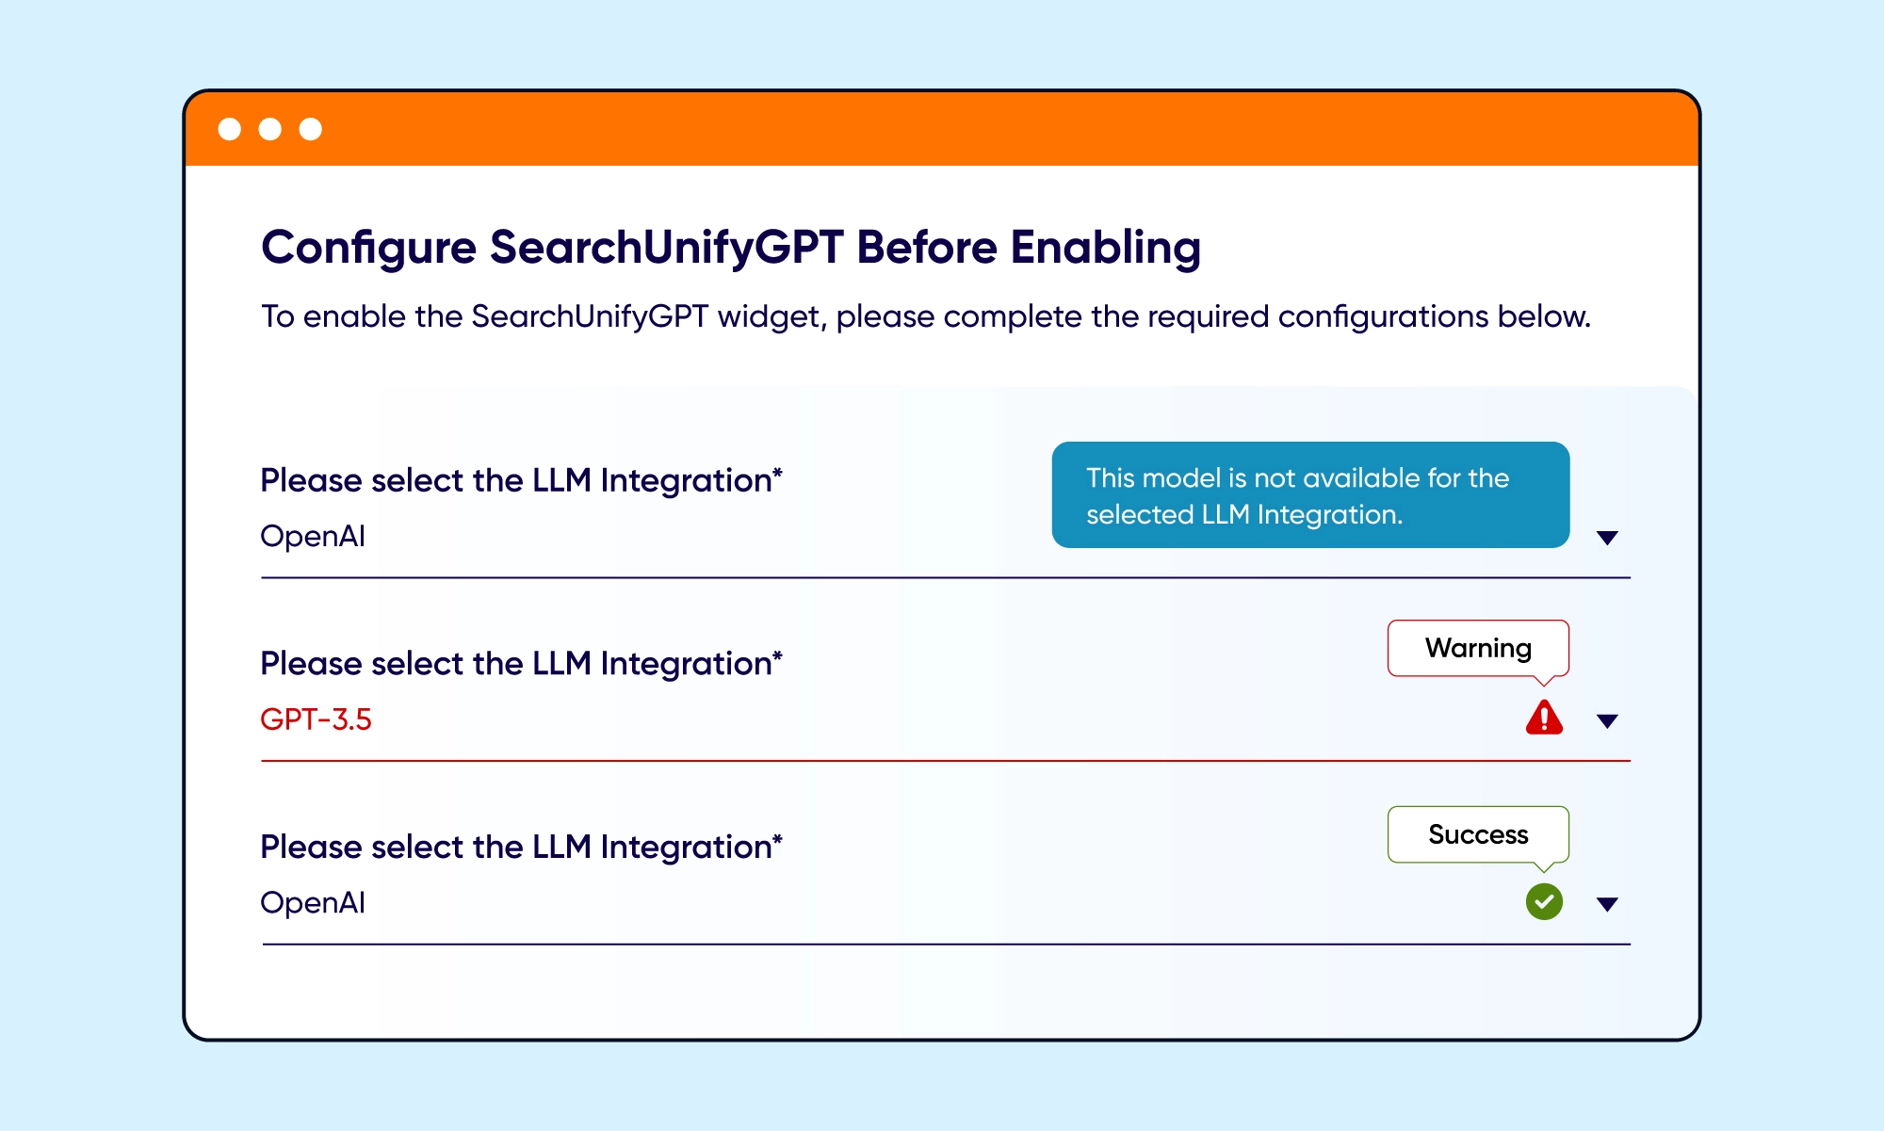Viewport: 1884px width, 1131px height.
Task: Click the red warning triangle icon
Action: pyautogui.click(x=1544, y=718)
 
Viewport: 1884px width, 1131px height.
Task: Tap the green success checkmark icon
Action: pyautogui.click(x=1544, y=901)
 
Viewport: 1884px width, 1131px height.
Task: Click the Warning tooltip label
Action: pyautogui.click(x=1478, y=648)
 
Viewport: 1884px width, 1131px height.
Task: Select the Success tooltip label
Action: pyautogui.click(x=1478, y=834)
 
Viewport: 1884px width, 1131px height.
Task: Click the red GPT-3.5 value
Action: pyautogui.click(x=316, y=719)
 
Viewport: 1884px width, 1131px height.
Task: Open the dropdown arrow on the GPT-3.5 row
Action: pyautogui.click(x=1607, y=721)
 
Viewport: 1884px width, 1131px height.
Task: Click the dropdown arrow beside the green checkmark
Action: pyautogui.click(x=1607, y=904)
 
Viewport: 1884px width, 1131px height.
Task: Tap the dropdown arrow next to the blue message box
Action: pyautogui.click(x=1607, y=538)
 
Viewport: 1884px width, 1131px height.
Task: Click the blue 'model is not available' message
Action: pyautogui.click(x=1309, y=495)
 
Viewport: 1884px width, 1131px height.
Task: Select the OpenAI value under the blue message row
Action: pyautogui.click(x=313, y=536)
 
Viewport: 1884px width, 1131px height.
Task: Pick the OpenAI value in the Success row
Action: pyautogui.click(x=313, y=902)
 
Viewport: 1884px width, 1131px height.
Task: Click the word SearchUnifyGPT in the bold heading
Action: pyautogui.click(x=666, y=248)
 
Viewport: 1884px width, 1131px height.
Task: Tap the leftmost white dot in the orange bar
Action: pyautogui.click(x=230, y=129)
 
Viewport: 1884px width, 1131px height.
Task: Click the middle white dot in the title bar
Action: pyautogui.click(x=270, y=129)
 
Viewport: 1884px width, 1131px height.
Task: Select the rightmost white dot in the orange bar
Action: pyautogui.click(x=311, y=129)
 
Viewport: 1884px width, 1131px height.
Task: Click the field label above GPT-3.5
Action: pyautogui.click(x=521, y=663)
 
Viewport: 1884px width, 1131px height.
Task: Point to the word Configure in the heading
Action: pyautogui.click(x=368, y=248)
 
